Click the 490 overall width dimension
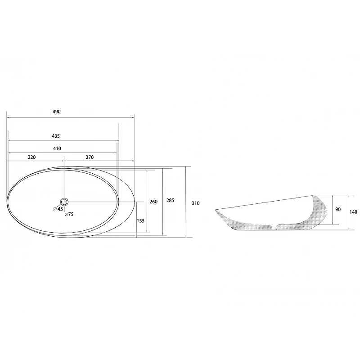click(x=57, y=112)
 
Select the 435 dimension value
click(x=56, y=136)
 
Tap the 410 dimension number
click(x=57, y=148)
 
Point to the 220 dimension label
click(x=31, y=157)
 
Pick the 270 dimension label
click(x=90, y=157)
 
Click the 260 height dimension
click(x=153, y=202)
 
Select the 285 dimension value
click(x=170, y=200)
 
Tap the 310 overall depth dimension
click(x=196, y=203)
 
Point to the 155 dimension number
click(x=140, y=221)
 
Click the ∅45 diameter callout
click(x=58, y=209)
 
